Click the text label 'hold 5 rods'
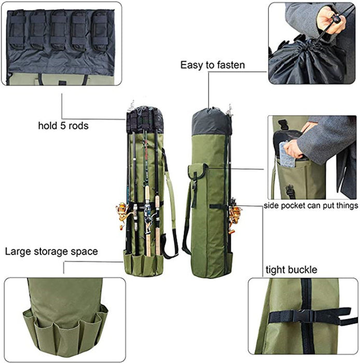[63, 125]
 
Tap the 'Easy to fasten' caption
[212, 65]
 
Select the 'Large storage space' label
[51, 252]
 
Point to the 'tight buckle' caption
[291, 270]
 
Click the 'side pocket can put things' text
[310, 206]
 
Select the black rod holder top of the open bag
[145, 120]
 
